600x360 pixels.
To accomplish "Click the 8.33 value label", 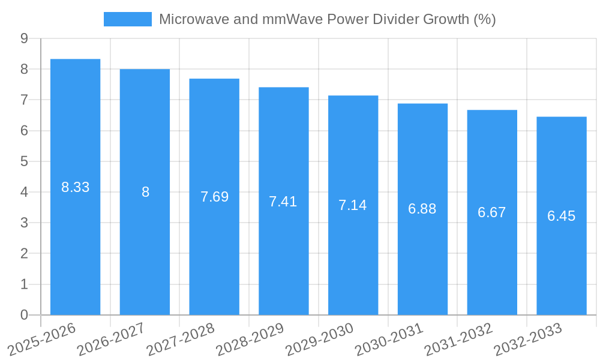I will pos(75,187).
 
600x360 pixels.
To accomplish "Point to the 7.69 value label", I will pos(214,197).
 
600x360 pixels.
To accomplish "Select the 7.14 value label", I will pos(353,205).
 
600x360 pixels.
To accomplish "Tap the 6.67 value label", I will pos(492,212).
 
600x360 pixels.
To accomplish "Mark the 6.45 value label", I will pos(561,216).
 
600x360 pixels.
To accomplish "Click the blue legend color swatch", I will pos(127,19).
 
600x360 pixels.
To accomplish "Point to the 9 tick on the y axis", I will pos(24,38).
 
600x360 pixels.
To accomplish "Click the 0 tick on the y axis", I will pos(24,315).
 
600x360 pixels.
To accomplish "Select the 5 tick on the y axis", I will pos(24,161).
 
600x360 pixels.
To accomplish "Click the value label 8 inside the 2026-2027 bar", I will pos(145,192).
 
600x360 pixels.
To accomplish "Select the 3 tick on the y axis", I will pos(24,223).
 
